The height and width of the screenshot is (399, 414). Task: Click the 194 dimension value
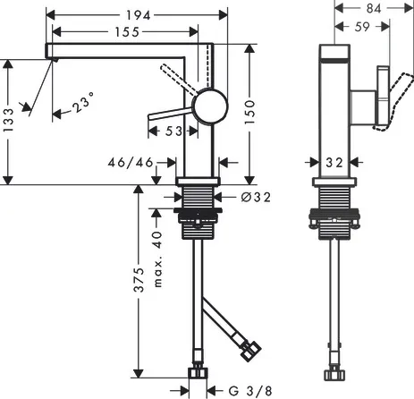click(x=139, y=15)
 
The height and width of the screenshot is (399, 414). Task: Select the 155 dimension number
click(x=127, y=32)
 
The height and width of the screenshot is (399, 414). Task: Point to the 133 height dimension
click(x=8, y=120)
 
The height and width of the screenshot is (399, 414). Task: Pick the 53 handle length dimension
click(x=173, y=131)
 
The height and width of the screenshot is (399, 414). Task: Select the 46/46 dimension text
click(x=131, y=163)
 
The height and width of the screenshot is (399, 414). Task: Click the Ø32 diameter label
click(x=256, y=197)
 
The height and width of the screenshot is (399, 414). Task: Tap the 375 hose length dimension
click(x=139, y=280)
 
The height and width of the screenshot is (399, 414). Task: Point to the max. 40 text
click(x=157, y=259)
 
